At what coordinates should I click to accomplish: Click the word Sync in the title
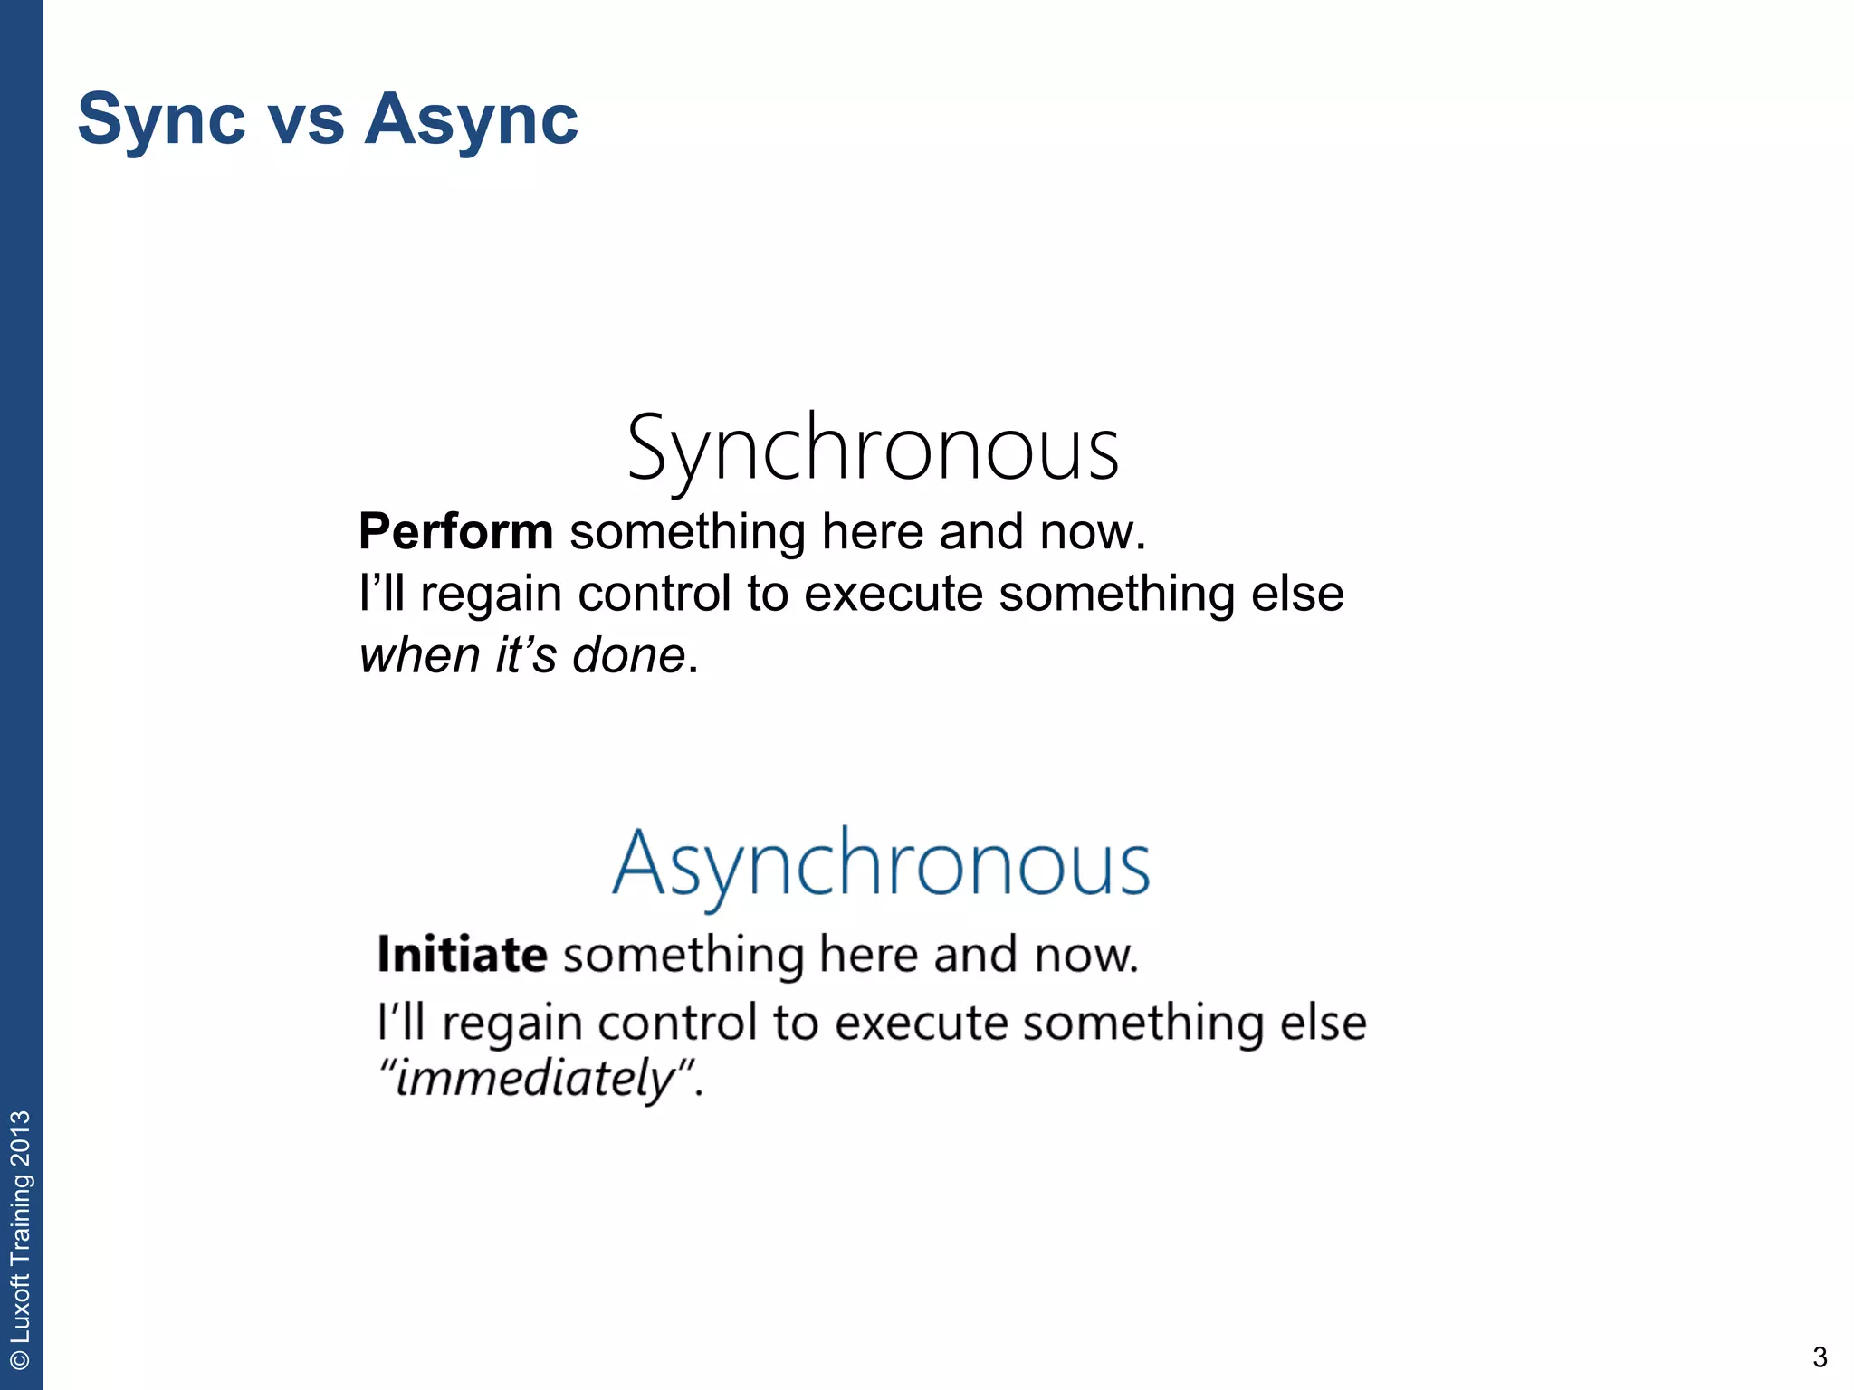pyautogui.click(x=161, y=119)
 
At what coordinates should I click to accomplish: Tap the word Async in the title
pyautogui.click(x=471, y=119)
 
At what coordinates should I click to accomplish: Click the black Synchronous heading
pyautogui.click(x=873, y=449)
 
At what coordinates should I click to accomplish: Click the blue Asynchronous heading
pyautogui.click(x=881, y=863)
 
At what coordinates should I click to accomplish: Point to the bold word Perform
pyautogui.click(x=455, y=531)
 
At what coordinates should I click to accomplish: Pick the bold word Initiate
pyautogui.click(x=462, y=955)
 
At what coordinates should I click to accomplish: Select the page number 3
pyautogui.click(x=1820, y=1357)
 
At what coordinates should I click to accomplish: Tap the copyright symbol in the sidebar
pyautogui.click(x=21, y=1359)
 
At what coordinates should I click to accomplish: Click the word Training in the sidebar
pyautogui.click(x=21, y=1221)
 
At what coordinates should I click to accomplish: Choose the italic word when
pyautogui.click(x=419, y=655)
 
